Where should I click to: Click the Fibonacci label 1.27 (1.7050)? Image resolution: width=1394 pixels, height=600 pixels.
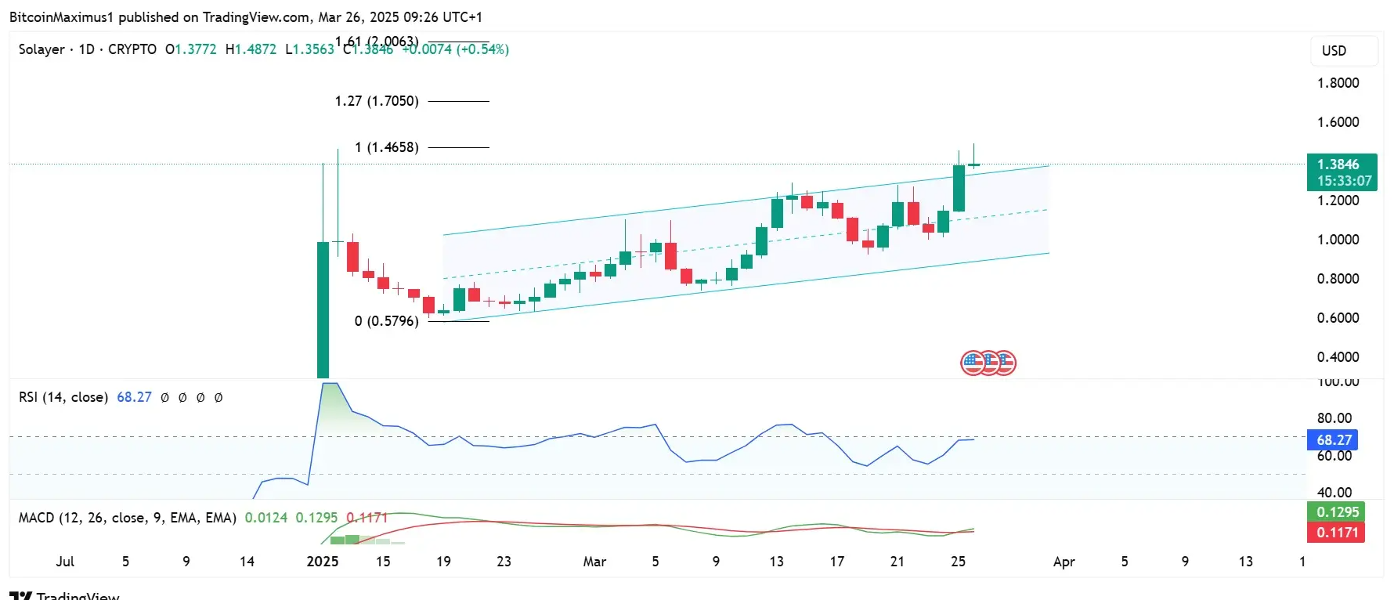(x=377, y=101)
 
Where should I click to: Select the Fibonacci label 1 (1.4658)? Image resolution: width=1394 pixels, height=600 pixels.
(x=386, y=147)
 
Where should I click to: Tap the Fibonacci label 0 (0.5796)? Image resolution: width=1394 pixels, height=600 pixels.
(x=386, y=321)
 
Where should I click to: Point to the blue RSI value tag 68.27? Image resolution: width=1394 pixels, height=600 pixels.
(x=1333, y=440)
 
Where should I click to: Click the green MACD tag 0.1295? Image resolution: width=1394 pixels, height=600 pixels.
(x=1337, y=512)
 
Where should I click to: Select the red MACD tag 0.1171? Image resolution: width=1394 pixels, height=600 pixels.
(x=1337, y=533)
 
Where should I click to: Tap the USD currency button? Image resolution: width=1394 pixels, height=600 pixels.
(x=1334, y=51)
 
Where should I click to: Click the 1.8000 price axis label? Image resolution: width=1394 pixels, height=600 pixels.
(x=1338, y=83)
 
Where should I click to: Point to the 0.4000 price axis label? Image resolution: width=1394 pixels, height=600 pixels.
(x=1338, y=357)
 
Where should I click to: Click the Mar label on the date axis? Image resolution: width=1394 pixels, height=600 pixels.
(x=594, y=562)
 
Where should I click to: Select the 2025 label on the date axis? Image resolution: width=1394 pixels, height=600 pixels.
(x=323, y=562)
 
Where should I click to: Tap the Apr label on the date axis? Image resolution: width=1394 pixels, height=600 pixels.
(x=1064, y=562)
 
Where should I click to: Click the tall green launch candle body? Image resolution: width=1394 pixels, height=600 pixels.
(x=323, y=309)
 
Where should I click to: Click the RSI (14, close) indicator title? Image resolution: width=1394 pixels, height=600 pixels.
(x=63, y=397)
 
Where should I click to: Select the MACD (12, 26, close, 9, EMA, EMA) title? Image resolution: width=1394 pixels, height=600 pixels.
(x=127, y=518)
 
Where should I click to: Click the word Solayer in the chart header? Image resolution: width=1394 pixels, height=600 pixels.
(x=42, y=49)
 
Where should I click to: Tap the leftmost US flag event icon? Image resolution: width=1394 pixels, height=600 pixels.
(x=972, y=363)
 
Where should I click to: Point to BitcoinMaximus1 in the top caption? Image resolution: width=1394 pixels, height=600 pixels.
(x=61, y=16)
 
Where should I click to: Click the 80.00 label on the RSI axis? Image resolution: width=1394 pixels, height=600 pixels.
(x=1334, y=418)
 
